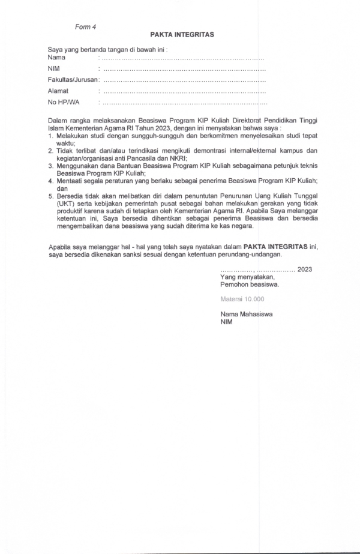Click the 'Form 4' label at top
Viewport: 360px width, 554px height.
click(85, 27)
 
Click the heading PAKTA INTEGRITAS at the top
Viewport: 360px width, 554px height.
click(182, 35)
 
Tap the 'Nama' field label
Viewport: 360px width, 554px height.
click(56, 58)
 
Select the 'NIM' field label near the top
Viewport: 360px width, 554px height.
click(54, 69)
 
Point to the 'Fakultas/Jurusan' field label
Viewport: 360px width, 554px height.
click(72, 80)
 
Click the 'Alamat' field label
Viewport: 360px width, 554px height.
click(58, 91)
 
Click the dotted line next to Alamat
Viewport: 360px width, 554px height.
click(184, 92)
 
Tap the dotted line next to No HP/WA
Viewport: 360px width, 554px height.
click(184, 103)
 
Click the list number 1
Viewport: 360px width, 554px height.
click(51, 136)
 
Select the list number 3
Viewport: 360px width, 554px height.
click(51, 164)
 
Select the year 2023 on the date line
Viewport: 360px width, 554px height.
click(304, 269)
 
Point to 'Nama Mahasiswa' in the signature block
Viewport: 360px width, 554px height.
click(246, 314)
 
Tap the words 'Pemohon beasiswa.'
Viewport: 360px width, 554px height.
click(249, 285)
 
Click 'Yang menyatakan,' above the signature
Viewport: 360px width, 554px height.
click(247, 277)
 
